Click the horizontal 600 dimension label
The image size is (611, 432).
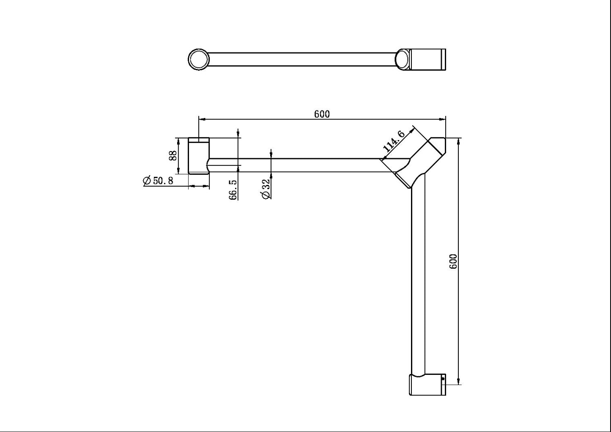click(x=322, y=114)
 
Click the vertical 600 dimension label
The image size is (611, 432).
click(x=453, y=261)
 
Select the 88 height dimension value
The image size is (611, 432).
click(x=173, y=155)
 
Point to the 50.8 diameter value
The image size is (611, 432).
click(x=163, y=181)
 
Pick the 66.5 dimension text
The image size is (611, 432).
click(x=233, y=189)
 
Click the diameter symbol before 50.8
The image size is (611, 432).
click(x=147, y=181)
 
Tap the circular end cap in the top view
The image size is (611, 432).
click(x=198, y=59)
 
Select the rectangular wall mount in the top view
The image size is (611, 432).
click(x=428, y=59)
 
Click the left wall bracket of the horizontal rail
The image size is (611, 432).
click(x=198, y=156)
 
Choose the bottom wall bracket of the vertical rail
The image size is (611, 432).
click(x=427, y=385)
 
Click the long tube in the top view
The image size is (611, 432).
click(x=302, y=59)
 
